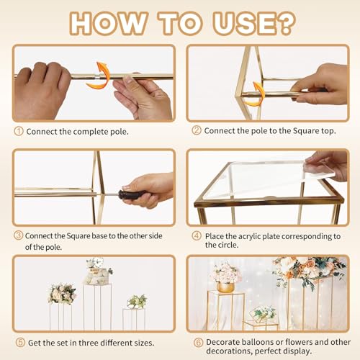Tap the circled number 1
[x=19, y=131]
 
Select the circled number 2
[x=197, y=130]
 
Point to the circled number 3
[x=18, y=235]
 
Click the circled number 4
[x=197, y=235]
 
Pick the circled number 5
[x=20, y=342]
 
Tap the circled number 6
[x=199, y=342]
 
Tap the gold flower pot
[x=225, y=287]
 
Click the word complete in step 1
[x=91, y=132]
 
